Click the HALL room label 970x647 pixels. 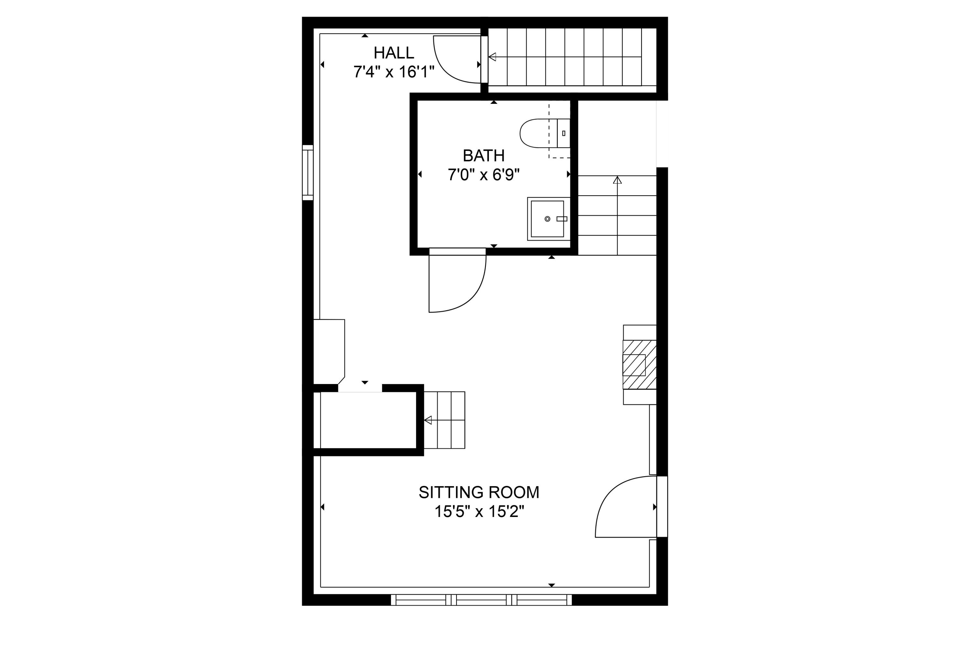pyautogui.click(x=393, y=53)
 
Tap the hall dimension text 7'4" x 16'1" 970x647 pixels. pyautogui.click(x=393, y=72)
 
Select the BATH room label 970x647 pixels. pyautogui.click(x=483, y=156)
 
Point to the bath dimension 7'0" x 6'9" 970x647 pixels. pyautogui.click(x=483, y=175)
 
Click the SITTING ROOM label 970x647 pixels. pyautogui.click(x=479, y=492)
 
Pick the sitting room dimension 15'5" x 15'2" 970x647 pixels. pyautogui.click(x=479, y=512)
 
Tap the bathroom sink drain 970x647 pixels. pyautogui.click(x=547, y=219)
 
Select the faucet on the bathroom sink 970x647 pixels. pyautogui.click(x=562, y=219)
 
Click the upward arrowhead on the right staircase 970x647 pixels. pyautogui.click(x=617, y=180)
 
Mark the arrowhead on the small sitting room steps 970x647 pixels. pyautogui.click(x=428, y=420)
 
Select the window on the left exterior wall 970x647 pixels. pyautogui.click(x=308, y=172)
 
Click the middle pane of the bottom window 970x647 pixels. pyautogui.click(x=481, y=600)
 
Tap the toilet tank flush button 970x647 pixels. pyautogui.click(x=563, y=133)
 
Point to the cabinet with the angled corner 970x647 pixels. pyautogui.click(x=329, y=351)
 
